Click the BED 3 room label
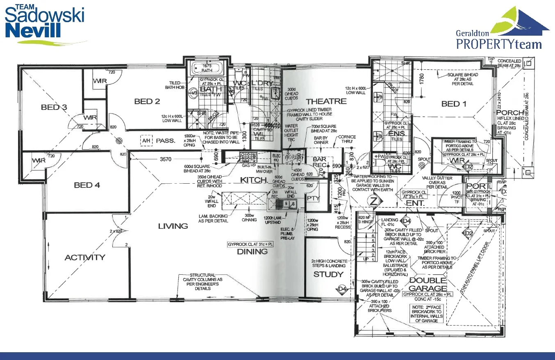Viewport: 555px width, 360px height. [x=54, y=108]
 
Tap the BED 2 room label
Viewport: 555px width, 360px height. [x=147, y=101]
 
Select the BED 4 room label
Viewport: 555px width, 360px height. [x=87, y=185]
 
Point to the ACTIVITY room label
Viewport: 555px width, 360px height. [x=85, y=257]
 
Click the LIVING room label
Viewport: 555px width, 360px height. [x=173, y=226]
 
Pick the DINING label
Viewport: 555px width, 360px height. [x=252, y=252]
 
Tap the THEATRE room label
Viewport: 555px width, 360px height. [x=326, y=101]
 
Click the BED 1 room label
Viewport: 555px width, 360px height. [x=454, y=104]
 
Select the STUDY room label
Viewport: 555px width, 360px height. [x=328, y=274]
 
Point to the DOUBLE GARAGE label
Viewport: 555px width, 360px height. [x=428, y=284]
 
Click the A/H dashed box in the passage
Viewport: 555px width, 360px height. [x=146, y=141]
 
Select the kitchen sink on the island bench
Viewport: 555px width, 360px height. [x=287, y=203]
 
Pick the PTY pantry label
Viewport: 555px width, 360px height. [x=313, y=198]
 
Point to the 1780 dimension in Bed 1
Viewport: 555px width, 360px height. [x=422, y=77]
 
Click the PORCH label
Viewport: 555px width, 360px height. [x=510, y=112]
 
